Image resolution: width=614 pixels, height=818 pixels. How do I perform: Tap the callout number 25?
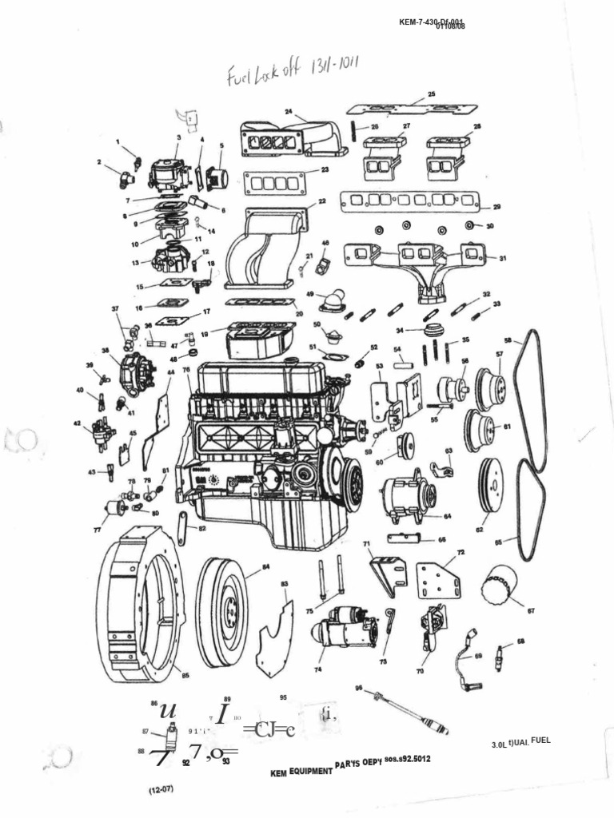[x=432, y=94]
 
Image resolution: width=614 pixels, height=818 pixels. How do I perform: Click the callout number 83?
[x=284, y=584]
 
